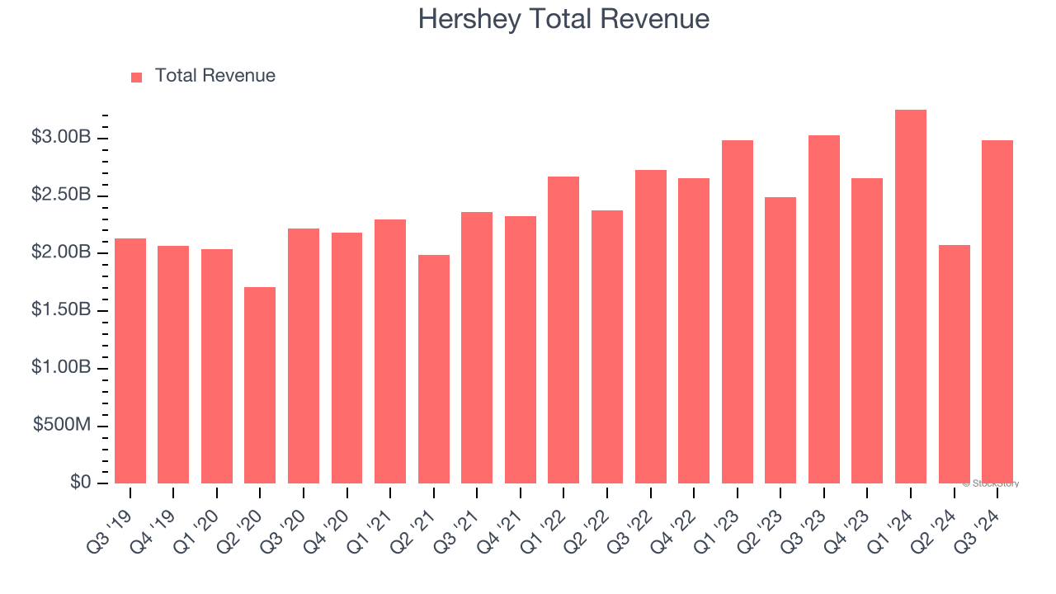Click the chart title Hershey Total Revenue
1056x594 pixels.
[x=563, y=19]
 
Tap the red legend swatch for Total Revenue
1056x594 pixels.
[x=136, y=77]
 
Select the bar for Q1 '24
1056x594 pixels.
[x=911, y=296]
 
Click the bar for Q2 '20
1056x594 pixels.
[x=260, y=385]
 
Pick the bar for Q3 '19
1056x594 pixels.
[x=130, y=361]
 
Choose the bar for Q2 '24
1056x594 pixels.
[x=954, y=364]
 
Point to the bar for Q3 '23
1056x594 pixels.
[x=824, y=309]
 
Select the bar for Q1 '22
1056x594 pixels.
[x=563, y=330]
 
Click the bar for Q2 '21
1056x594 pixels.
[x=434, y=369]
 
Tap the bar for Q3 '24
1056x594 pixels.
[x=997, y=312]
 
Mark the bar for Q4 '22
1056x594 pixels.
[x=694, y=331]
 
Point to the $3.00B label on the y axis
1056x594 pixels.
[x=60, y=137]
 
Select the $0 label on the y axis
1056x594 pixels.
[x=80, y=482]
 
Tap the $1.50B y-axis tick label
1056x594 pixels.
[x=60, y=310]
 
